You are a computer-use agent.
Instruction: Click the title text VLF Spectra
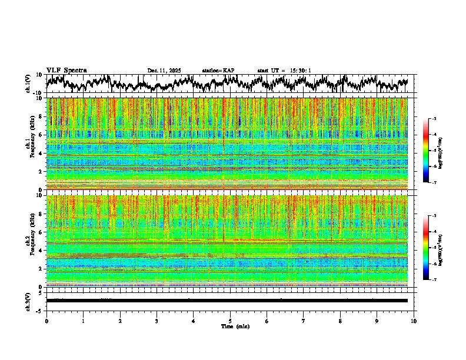tap(66, 71)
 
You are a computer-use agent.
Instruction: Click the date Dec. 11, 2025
tap(164, 71)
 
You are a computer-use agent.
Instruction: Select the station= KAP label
tap(218, 71)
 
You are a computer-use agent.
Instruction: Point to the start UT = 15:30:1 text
tap(284, 71)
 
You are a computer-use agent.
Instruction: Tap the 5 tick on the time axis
tap(230, 321)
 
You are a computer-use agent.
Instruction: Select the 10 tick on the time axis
tap(414, 321)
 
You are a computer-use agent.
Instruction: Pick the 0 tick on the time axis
tap(46, 321)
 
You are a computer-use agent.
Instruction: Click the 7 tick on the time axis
tap(304, 321)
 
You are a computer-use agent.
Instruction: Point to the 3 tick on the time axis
tap(157, 321)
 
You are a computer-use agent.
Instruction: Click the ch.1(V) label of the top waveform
tap(28, 84)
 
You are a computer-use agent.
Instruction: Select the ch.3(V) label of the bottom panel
tap(28, 300)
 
